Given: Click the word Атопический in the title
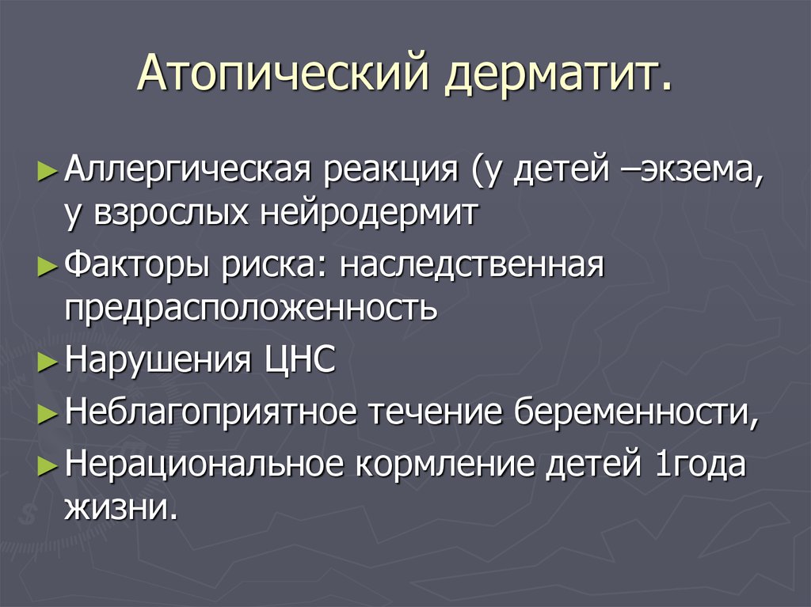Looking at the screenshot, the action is pos(284,71).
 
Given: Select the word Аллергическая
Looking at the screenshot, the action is pos(188,169).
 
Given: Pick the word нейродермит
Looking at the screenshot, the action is pos(367,213).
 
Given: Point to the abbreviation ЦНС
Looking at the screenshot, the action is pos(300,359).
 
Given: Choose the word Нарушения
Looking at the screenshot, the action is pos(158,360).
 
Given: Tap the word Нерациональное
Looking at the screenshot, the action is pos(204,463).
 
